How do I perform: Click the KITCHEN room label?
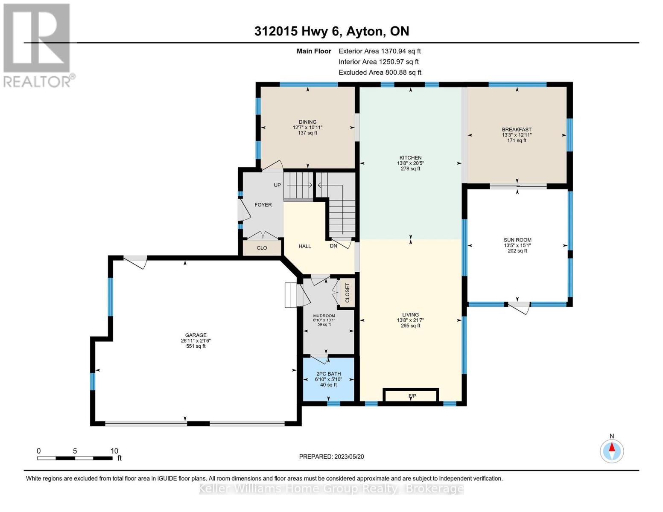pyautogui.click(x=410, y=158)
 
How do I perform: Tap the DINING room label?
pyautogui.click(x=307, y=122)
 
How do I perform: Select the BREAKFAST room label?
pyautogui.click(x=517, y=130)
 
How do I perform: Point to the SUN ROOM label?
pyautogui.click(x=517, y=240)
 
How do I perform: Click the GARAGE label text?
pyautogui.click(x=196, y=335)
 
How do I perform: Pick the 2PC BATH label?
pyautogui.click(x=329, y=374)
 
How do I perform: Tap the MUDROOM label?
pyautogui.click(x=324, y=316)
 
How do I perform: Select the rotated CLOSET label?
pyautogui.click(x=347, y=293)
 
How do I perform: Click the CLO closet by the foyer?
pyautogui.click(x=262, y=248)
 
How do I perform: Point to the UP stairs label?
pyautogui.click(x=277, y=185)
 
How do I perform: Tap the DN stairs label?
pyautogui.click(x=333, y=245)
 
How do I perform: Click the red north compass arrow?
pyautogui.click(x=612, y=447)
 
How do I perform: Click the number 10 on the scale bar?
pyautogui.click(x=114, y=451)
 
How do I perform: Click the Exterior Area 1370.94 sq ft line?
pyautogui.click(x=380, y=51)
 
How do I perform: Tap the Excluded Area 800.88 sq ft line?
pyautogui.click(x=380, y=73)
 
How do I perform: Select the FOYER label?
pyautogui.click(x=263, y=205)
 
